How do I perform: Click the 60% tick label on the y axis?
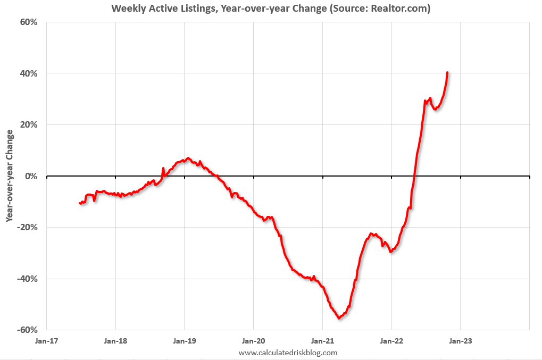29,22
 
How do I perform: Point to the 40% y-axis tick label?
29,73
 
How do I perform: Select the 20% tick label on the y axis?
29,125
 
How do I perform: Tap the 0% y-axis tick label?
31,176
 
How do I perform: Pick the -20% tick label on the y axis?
28,228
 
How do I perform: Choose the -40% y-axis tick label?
28,279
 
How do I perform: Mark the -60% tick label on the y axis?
28,330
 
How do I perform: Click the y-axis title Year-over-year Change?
10,175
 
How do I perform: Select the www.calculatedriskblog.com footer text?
288,353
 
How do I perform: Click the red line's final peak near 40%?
447,72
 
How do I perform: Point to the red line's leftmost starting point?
80,203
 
